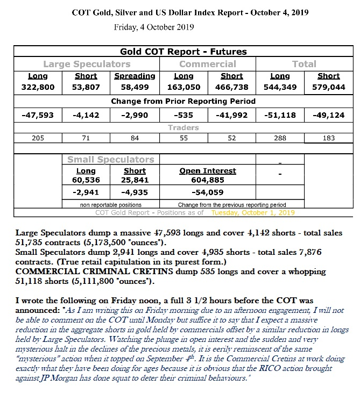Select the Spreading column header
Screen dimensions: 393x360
[135, 76]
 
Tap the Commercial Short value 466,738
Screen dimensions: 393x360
[231, 87]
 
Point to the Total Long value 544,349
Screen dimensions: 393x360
[280, 87]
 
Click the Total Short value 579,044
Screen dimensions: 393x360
[328, 87]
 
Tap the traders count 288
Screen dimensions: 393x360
[280, 138]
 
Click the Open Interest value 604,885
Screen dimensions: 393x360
[207, 181]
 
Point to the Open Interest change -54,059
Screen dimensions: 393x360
[207, 192]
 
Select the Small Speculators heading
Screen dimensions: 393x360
[110, 160]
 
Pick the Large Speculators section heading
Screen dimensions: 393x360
[86, 64]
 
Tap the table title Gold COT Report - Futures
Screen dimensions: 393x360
[183, 52]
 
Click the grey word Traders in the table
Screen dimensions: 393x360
[183, 127]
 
